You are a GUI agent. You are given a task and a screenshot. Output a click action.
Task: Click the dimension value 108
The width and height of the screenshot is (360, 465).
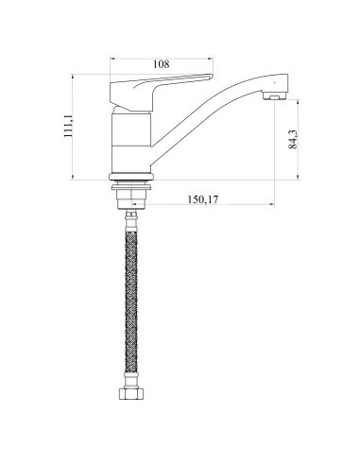162,64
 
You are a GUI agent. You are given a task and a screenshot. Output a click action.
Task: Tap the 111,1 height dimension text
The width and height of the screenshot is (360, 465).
68,126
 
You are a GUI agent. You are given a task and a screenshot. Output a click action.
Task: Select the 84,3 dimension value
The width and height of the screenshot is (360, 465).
293,139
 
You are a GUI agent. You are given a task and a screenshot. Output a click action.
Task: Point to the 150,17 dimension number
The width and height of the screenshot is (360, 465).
203,199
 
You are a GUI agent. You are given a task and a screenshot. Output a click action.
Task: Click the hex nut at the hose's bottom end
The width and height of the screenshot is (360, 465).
131,394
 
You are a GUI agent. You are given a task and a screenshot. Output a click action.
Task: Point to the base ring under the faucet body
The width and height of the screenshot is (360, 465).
131,177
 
